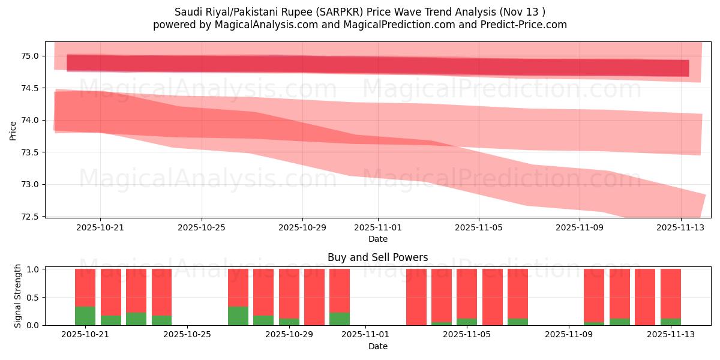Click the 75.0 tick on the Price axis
click(x=31, y=56)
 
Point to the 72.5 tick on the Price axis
click(x=31, y=216)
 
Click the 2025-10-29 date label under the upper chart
click(x=302, y=228)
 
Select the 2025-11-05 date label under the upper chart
click(x=479, y=228)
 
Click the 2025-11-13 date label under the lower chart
click(x=671, y=335)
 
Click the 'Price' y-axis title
click(x=13, y=130)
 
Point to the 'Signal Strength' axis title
click(x=18, y=296)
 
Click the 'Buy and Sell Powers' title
click(x=377, y=257)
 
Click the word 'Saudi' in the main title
click(x=187, y=12)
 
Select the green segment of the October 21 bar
click(x=85, y=316)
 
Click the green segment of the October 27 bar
click(x=238, y=316)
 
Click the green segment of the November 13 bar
click(x=671, y=322)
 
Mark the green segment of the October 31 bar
click(x=340, y=319)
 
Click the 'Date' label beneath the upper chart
click(x=377, y=239)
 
